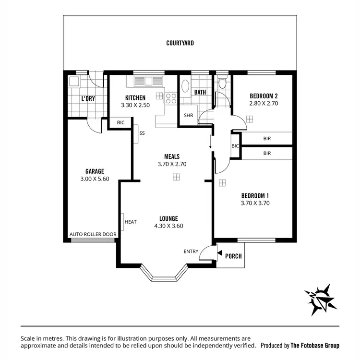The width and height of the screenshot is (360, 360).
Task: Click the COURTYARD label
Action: [180, 43]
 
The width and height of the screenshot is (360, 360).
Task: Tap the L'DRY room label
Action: [87, 98]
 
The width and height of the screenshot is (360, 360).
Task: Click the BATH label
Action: [200, 92]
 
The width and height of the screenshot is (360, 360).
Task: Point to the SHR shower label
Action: [188, 115]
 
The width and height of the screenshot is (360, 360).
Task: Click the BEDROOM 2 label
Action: [264, 96]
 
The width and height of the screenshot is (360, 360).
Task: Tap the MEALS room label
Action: [171, 156]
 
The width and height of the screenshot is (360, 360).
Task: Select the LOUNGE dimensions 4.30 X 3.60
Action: [168, 226]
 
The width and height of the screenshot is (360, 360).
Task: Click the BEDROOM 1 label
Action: [255, 195]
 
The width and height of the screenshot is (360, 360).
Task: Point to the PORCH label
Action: [233, 256]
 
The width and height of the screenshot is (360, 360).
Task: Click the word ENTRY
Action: [191, 252]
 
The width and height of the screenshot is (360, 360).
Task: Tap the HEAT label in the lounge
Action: [131, 222]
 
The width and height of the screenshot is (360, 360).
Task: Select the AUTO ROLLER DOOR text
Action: [93, 234]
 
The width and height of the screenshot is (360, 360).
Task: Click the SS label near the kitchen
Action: [142, 133]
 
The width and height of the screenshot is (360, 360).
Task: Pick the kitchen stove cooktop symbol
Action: [171, 98]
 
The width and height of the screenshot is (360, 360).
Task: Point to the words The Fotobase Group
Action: [315, 345]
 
